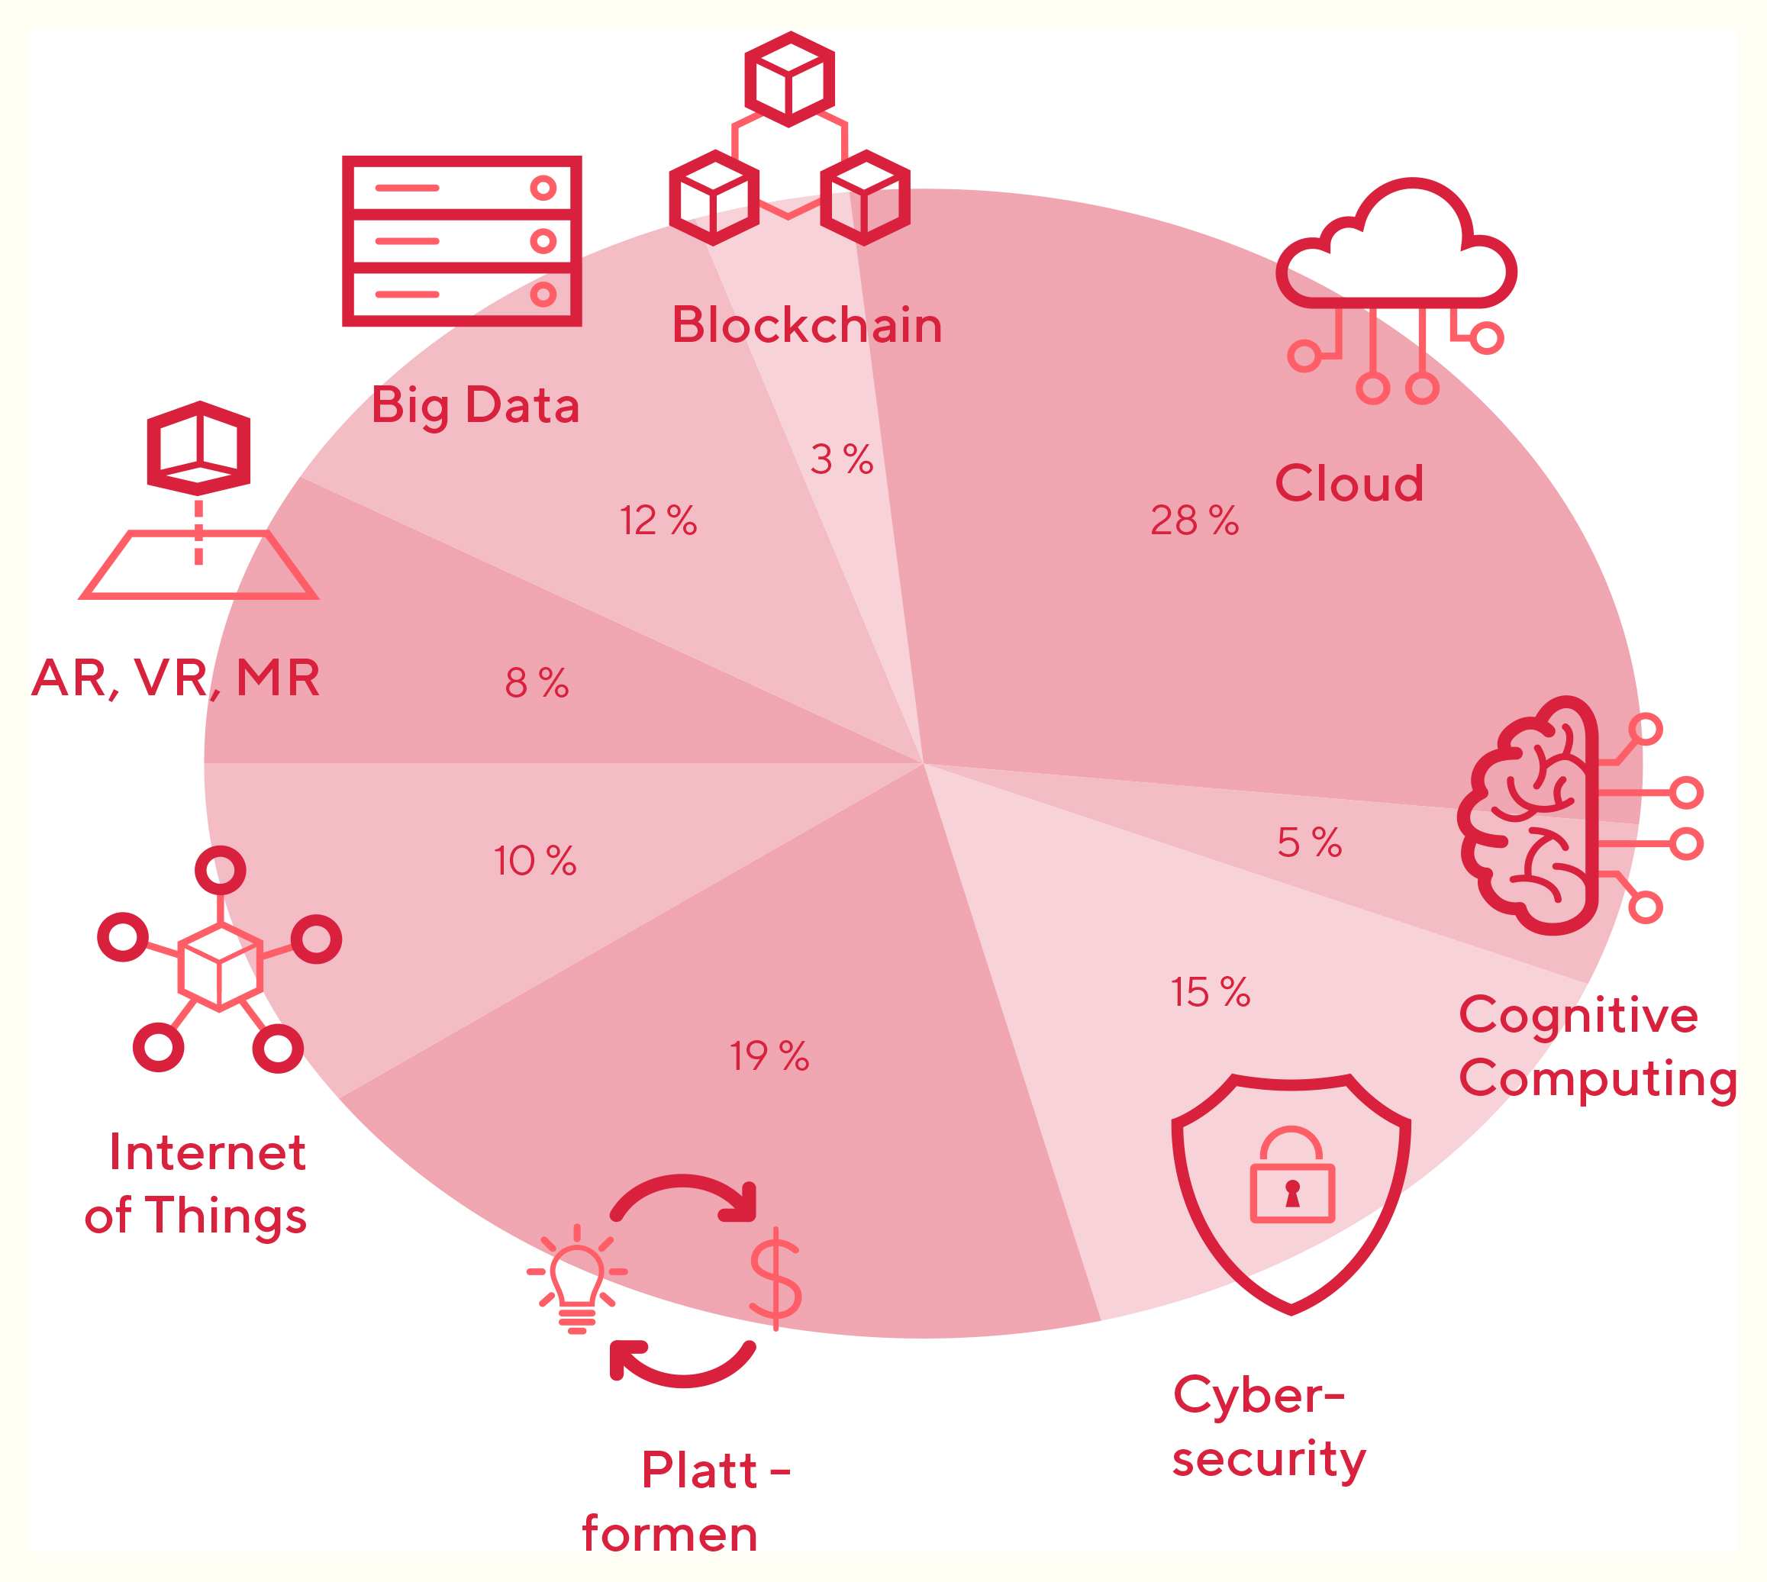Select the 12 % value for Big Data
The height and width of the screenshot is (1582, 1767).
[x=658, y=520]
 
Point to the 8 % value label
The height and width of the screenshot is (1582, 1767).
[x=537, y=682]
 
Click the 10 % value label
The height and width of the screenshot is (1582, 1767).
[x=534, y=861]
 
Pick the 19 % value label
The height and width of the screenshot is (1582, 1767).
[x=769, y=1056]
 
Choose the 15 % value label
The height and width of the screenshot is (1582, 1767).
[x=1210, y=992]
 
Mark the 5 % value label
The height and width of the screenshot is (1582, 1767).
[x=1309, y=843]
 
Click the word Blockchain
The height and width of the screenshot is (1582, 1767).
[x=807, y=325]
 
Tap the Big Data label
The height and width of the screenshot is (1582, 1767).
[x=476, y=406]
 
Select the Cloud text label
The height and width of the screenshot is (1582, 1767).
[x=1349, y=483]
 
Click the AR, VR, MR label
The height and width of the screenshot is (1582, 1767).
[x=176, y=678]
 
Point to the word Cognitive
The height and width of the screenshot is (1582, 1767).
[x=1578, y=1015]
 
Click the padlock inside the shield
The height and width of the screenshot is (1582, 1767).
[x=1291, y=1176]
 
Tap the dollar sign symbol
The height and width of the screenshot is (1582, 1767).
[x=775, y=1278]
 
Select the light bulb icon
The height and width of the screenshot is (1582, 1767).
[x=576, y=1278]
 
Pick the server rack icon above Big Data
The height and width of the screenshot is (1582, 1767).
[x=462, y=241]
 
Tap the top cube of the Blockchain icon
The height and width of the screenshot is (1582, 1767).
[x=789, y=79]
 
